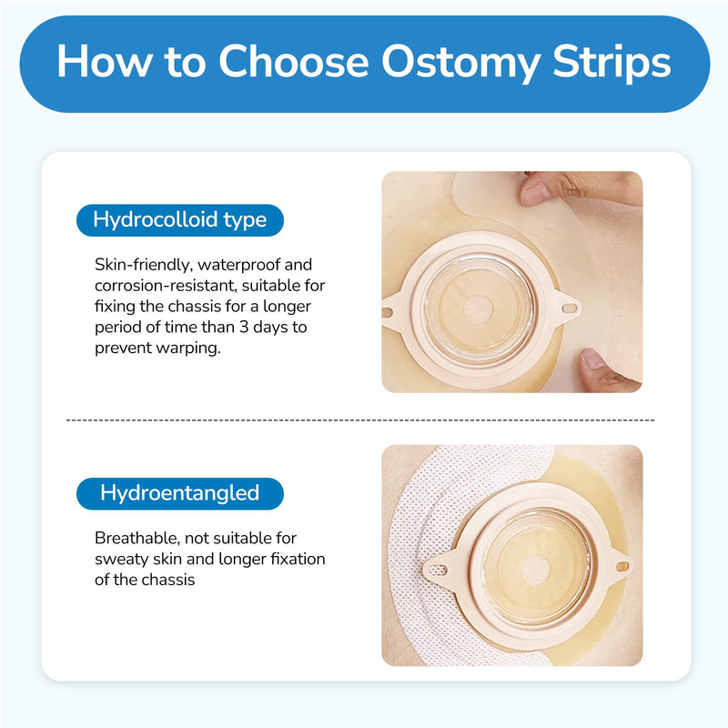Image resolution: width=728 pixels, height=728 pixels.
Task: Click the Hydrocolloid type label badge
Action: click(x=179, y=219)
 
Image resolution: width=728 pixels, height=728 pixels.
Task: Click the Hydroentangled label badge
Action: click(x=179, y=493)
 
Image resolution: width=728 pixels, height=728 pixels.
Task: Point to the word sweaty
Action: click(x=123, y=559)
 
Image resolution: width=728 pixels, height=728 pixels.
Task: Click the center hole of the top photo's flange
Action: click(x=478, y=308)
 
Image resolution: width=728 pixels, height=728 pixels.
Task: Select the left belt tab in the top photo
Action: click(x=389, y=311)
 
